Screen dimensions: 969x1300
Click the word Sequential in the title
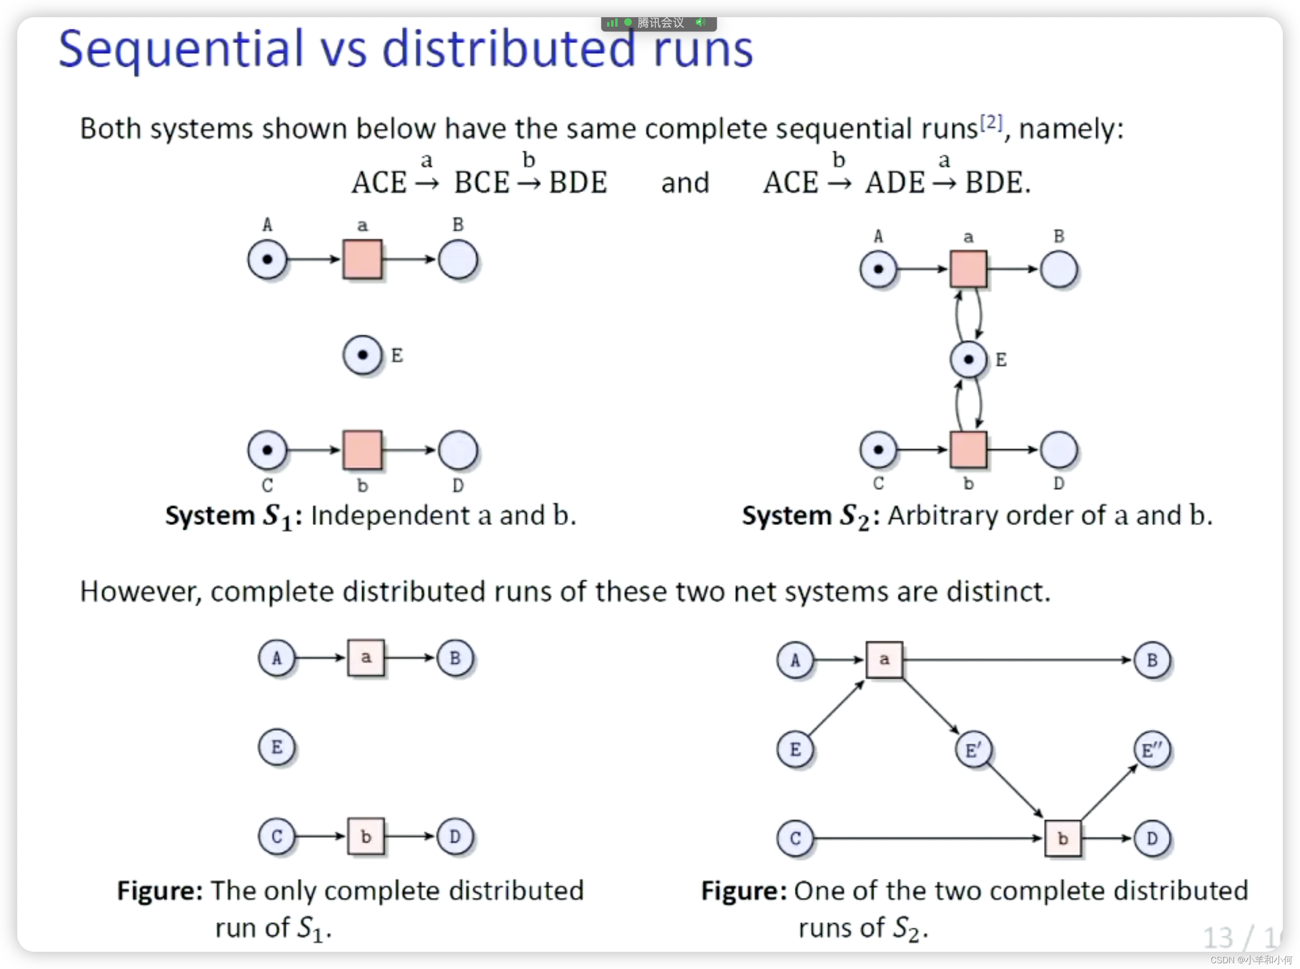coord(181,50)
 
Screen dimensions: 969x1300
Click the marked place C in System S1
coord(268,450)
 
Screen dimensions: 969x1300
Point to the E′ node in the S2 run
coord(973,750)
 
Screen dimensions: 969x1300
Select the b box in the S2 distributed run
coord(1062,838)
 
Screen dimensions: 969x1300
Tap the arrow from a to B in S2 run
coord(1015,660)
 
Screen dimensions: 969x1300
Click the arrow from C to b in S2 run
coord(927,838)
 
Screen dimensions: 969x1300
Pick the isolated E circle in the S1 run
coord(277,747)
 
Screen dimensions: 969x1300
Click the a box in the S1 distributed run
coord(366,657)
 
